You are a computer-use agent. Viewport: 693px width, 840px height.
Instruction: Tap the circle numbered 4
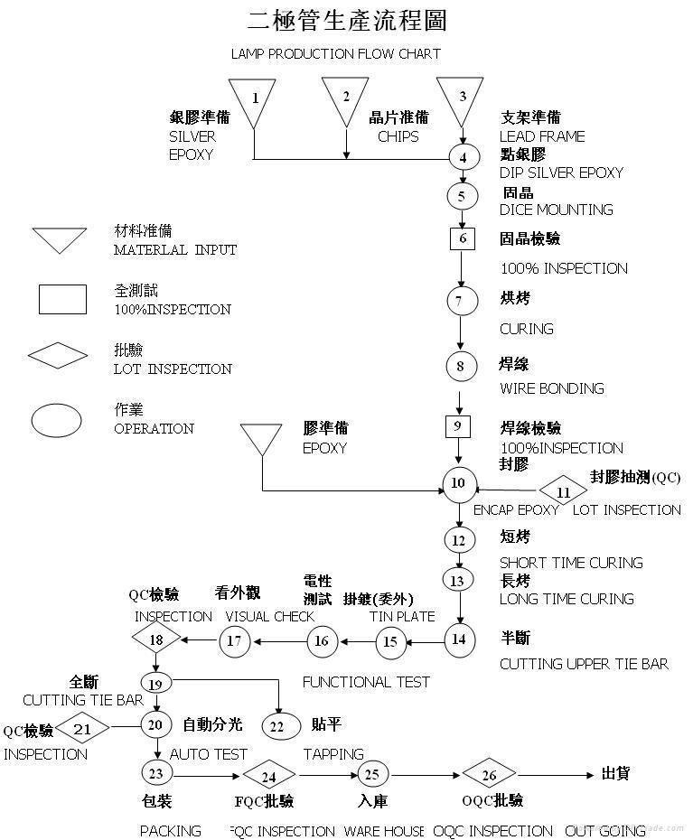(x=463, y=156)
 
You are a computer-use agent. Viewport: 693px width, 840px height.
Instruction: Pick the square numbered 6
(x=463, y=238)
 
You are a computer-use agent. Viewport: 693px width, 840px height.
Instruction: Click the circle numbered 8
(x=461, y=366)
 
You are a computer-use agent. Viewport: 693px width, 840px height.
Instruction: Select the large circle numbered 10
(x=459, y=483)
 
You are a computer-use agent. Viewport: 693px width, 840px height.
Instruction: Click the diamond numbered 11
(x=563, y=493)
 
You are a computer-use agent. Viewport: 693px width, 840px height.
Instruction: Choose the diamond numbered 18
(x=155, y=640)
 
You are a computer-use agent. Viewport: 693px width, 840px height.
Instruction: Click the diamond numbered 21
(x=83, y=727)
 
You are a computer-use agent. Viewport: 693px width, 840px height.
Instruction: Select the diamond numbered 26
(x=489, y=775)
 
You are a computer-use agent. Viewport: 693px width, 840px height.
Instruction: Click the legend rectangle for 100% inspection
(x=62, y=299)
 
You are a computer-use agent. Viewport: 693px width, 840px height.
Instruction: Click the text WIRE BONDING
(x=551, y=388)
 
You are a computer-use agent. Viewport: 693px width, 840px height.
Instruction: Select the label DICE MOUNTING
(x=556, y=210)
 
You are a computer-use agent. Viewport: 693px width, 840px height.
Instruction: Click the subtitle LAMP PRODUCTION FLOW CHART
(x=335, y=53)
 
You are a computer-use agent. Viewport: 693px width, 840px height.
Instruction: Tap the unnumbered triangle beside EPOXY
(x=261, y=439)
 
